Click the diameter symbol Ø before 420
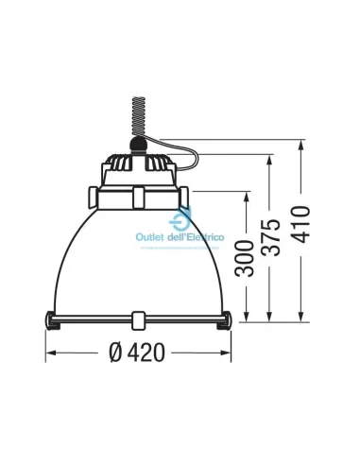(x=113, y=353)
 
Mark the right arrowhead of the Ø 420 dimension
(x=230, y=353)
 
